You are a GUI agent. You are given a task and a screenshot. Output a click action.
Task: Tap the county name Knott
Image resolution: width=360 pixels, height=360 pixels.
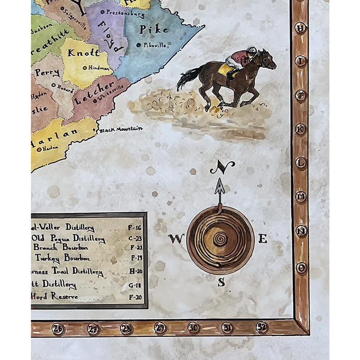pyautogui.click(x=84, y=53)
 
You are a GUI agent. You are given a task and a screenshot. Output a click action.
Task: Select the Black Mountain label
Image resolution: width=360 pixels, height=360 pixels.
pyautogui.click(x=121, y=129)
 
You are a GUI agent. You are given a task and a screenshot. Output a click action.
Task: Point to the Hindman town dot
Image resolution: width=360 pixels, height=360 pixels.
pyautogui.click(x=85, y=67)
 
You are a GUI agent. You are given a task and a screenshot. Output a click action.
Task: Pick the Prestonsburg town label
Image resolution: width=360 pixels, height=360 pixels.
pyautogui.click(x=125, y=14)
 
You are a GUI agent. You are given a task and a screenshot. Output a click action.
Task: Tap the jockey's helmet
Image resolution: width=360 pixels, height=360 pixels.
pyautogui.click(x=252, y=50)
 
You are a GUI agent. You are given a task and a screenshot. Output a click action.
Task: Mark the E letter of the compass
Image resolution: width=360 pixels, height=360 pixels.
pyautogui.click(x=262, y=238)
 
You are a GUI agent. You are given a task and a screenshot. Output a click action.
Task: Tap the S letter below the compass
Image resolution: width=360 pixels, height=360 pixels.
pyautogui.click(x=221, y=283)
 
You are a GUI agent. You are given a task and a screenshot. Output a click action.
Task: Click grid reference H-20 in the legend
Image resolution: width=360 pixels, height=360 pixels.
pyautogui.click(x=135, y=271)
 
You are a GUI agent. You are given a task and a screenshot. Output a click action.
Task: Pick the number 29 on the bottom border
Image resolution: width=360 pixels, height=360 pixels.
pyautogui.click(x=160, y=328)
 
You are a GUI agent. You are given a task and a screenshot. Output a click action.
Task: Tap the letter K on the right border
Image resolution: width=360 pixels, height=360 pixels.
pyautogui.click(x=300, y=129)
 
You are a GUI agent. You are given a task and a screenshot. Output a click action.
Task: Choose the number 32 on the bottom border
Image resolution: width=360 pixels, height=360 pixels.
pyautogui.click(x=262, y=327)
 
